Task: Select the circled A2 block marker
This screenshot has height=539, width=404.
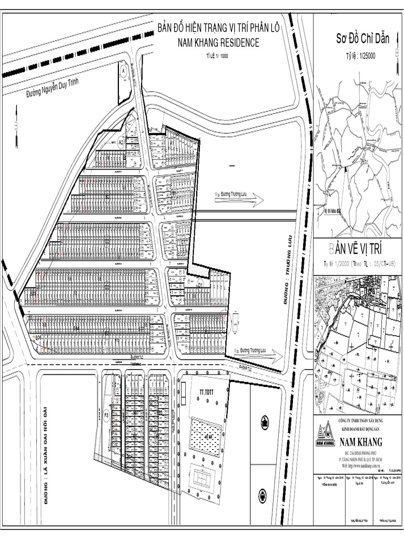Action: (x=120, y=142)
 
